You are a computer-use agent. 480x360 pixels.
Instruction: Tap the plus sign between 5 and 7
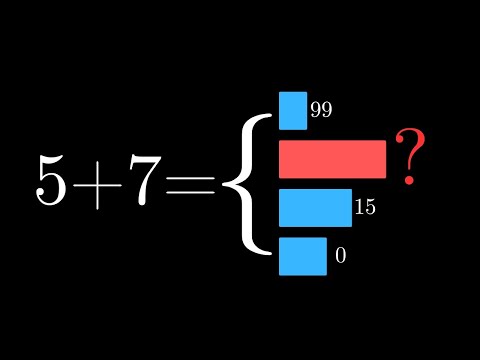103,183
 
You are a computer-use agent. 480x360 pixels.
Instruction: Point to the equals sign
195,182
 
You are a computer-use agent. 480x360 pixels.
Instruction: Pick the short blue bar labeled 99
293,111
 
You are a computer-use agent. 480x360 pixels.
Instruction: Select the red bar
332,159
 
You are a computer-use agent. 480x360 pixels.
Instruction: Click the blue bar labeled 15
315,207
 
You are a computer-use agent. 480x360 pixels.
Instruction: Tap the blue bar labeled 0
303,255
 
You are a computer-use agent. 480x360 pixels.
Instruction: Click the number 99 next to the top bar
321,110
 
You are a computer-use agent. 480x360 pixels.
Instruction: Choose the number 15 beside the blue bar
364,208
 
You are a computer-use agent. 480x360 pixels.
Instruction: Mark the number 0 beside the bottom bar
340,256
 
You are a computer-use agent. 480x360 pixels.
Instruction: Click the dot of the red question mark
407,181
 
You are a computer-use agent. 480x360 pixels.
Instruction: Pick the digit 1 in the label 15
359,208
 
